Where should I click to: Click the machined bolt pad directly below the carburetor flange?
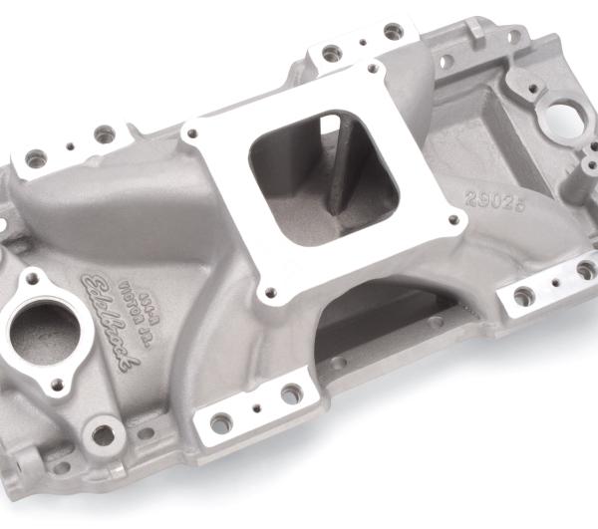[259, 405]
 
